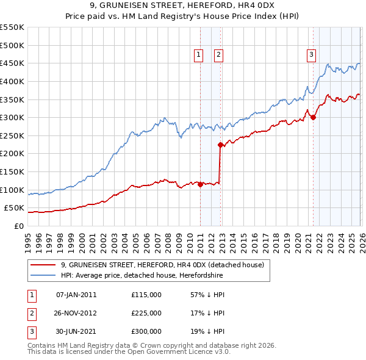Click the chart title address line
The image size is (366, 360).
pos(183,6)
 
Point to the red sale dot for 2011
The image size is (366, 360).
pos(200,185)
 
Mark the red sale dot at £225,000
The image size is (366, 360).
pos(220,145)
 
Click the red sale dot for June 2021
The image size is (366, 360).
pos(313,118)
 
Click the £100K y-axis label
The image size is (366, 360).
pos(12,190)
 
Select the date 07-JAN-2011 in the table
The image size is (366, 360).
pos(76,295)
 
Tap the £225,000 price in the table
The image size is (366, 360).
pos(146,313)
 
